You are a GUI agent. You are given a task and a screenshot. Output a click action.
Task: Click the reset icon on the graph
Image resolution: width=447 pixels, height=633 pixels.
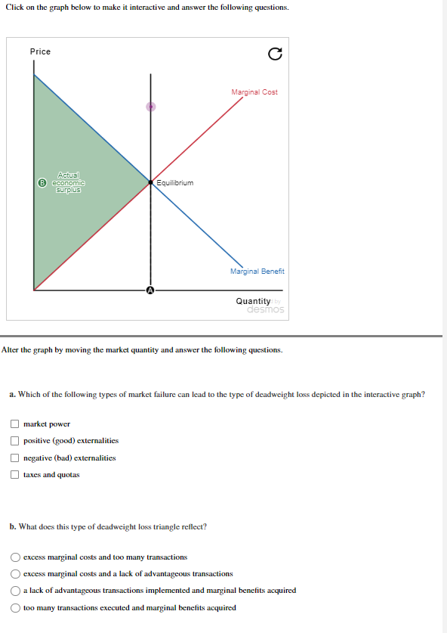pyautogui.click(x=275, y=54)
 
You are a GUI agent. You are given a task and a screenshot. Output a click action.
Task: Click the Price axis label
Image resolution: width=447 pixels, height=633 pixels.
pyautogui.click(x=40, y=51)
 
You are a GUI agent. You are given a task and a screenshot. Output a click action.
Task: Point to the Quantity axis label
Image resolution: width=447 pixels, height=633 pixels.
pyautogui.click(x=253, y=301)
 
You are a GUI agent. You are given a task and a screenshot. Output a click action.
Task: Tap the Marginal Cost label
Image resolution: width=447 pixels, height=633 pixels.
pyautogui.click(x=254, y=92)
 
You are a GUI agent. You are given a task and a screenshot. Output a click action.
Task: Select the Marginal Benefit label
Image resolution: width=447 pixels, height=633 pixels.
pyautogui.click(x=257, y=271)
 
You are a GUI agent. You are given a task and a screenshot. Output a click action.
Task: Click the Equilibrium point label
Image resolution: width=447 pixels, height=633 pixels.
pyautogui.click(x=175, y=183)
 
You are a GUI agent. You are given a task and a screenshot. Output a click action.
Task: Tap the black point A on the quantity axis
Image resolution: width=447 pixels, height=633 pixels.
pyautogui.click(x=150, y=290)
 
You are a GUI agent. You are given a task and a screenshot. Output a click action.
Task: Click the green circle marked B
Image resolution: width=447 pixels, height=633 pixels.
pyautogui.click(x=44, y=182)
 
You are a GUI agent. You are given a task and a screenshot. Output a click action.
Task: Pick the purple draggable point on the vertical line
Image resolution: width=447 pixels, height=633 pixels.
pyautogui.click(x=150, y=107)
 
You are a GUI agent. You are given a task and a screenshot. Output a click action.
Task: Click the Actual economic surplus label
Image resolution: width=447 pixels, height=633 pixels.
pyautogui.click(x=68, y=182)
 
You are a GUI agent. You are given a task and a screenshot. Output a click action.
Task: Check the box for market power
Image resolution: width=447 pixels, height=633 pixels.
pyautogui.click(x=14, y=424)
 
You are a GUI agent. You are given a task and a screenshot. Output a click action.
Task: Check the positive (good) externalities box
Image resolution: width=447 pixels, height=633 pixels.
pyautogui.click(x=14, y=441)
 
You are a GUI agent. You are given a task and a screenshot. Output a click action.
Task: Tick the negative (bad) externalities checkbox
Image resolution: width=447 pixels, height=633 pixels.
pyautogui.click(x=14, y=458)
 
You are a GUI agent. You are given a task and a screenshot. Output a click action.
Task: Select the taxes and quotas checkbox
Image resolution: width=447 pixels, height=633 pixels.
pyautogui.click(x=14, y=475)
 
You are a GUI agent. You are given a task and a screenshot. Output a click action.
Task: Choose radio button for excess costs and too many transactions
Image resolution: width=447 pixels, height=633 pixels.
pyautogui.click(x=14, y=557)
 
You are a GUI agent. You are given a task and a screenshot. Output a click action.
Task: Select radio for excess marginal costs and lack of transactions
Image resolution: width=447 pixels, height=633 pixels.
pyautogui.click(x=14, y=573)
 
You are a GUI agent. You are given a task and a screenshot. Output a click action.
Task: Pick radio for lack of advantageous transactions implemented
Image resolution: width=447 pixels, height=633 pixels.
pyautogui.click(x=14, y=591)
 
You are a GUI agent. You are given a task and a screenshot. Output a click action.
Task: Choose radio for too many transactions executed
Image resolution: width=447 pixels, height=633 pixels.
pyautogui.click(x=14, y=607)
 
